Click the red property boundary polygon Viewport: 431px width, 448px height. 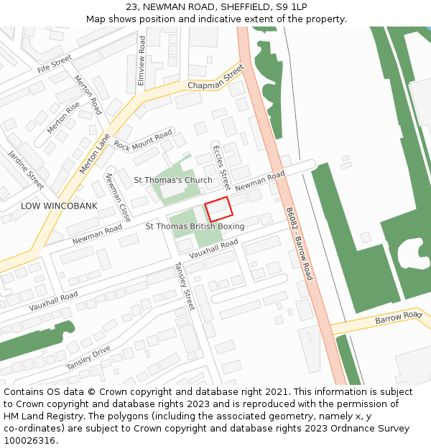tap(220, 209)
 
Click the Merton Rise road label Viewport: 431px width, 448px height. tap(63, 117)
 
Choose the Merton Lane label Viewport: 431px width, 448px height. tap(94, 153)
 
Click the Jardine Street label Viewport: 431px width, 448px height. tap(26, 165)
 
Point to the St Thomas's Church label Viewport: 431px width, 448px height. tap(173, 180)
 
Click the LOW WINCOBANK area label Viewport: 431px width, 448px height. tap(59, 206)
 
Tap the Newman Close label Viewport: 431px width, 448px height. tap(118, 196)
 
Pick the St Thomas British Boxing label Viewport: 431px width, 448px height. tap(195, 227)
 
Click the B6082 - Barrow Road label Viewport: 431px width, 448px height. tap(299, 244)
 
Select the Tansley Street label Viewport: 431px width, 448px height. tap(185, 285)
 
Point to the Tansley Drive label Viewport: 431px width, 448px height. tap(88, 357)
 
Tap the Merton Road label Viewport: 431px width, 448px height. tap(88, 95)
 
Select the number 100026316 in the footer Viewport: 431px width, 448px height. tap(31, 441)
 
